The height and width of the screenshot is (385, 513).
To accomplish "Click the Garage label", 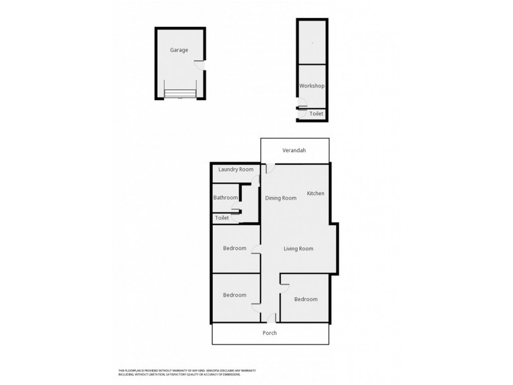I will pyautogui.click(x=179, y=50).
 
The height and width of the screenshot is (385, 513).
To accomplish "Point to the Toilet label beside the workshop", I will pyautogui.click(x=317, y=114).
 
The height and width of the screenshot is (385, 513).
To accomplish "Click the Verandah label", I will pyautogui.click(x=294, y=151).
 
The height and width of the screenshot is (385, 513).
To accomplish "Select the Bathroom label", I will pyautogui.click(x=226, y=198).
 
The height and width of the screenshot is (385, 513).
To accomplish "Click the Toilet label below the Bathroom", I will pyautogui.click(x=222, y=218).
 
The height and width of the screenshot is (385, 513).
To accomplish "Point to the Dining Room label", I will pyautogui.click(x=281, y=198).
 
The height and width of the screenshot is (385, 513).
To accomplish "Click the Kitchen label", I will pyautogui.click(x=315, y=193).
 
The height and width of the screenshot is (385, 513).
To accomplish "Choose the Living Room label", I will pyautogui.click(x=298, y=248).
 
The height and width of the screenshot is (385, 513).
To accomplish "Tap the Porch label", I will pyautogui.click(x=270, y=334).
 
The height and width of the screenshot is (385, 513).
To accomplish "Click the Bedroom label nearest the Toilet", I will pyautogui.click(x=235, y=248).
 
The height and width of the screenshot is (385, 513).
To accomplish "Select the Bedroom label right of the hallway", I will pyautogui.click(x=305, y=299).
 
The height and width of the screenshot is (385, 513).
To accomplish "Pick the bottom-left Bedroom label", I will pyautogui.click(x=235, y=295).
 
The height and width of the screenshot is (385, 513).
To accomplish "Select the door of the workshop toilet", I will pyautogui.click(x=302, y=110).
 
